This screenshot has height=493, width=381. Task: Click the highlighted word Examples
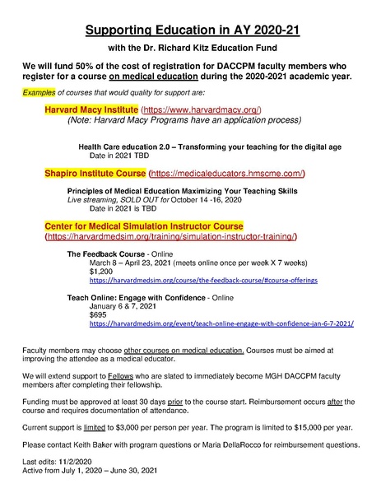39,92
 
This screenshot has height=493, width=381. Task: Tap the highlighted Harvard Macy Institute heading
91,109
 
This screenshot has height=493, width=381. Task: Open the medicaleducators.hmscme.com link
227,174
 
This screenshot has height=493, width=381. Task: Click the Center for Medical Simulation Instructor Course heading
143,226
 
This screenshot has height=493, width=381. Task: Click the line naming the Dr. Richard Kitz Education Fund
192,49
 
